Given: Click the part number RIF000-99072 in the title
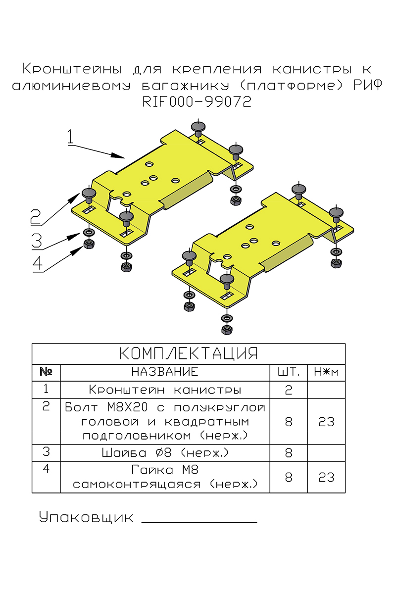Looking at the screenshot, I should pyautogui.click(x=197, y=101).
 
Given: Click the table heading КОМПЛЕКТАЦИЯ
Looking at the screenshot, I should pyautogui.click(x=189, y=354).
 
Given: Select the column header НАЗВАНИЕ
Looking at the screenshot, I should pyautogui.click(x=165, y=372).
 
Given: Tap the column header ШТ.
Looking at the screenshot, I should pyautogui.click(x=289, y=372).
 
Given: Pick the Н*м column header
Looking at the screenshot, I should pyautogui.click(x=326, y=372).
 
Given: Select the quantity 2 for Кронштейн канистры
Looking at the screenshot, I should pyautogui.click(x=289, y=390).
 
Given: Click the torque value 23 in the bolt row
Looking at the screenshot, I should pyautogui.click(x=326, y=422).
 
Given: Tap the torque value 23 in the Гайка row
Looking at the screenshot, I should pyautogui.click(x=326, y=477).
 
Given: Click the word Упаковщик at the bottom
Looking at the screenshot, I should pyautogui.click(x=87, y=518).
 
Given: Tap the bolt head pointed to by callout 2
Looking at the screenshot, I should pyautogui.click(x=89, y=193).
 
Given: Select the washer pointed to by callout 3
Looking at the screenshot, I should pyautogui.click(x=89, y=232).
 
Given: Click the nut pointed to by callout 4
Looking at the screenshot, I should pyautogui.click(x=89, y=244).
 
